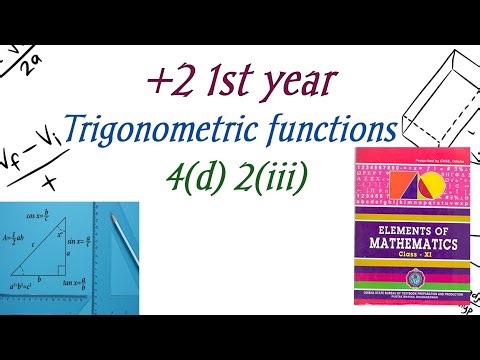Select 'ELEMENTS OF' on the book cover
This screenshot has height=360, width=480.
coord(411,227)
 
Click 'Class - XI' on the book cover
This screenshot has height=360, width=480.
coord(411,256)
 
